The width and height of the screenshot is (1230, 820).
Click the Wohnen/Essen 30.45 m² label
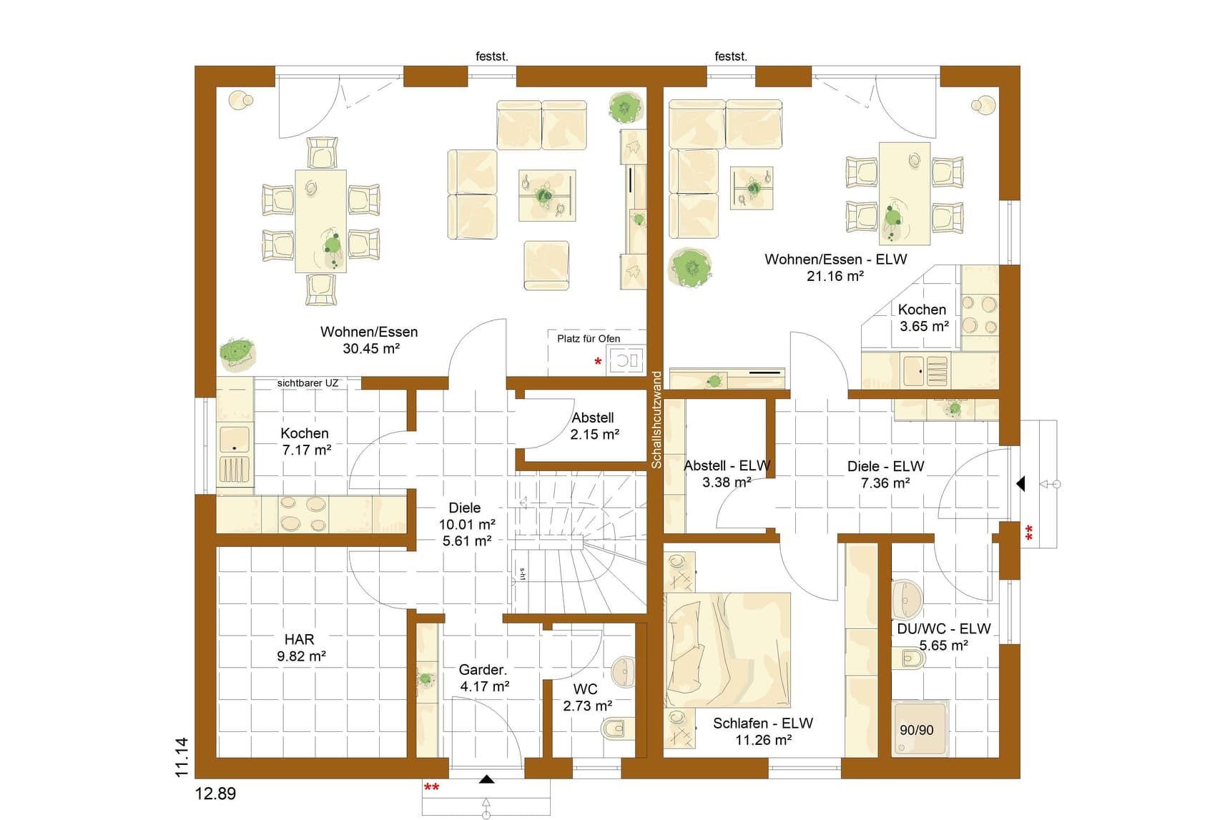click(x=369, y=340)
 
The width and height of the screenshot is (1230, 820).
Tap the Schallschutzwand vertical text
click(x=656, y=420)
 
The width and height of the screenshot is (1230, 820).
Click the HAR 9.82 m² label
click(x=301, y=648)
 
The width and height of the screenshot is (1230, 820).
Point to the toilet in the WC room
click(x=616, y=728)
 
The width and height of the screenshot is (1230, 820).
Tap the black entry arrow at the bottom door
click(x=486, y=779)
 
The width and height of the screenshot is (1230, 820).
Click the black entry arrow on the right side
click(x=1020, y=484)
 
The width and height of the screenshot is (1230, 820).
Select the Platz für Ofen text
click(x=589, y=339)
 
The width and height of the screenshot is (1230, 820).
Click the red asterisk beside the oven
click(x=598, y=362)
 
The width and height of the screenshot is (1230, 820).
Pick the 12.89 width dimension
click(x=215, y=794)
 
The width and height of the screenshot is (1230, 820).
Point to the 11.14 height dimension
click(x=182, y=757)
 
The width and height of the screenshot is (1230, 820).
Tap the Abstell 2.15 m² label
click(x=594, y=426)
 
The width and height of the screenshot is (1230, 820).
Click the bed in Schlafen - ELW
click(x=727, y=650)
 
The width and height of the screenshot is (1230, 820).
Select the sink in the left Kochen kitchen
click(x=235, y=440)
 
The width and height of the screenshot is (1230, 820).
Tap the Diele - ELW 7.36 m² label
click(x=885, y=475)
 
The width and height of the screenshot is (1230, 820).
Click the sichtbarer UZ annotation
click(x=307, y=383)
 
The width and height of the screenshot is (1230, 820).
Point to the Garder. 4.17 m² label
click(x=484, y=678)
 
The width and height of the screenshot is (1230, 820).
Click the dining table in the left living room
click(x=320, y=221)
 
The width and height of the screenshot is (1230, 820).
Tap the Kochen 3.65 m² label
click(x=923, y=318)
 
